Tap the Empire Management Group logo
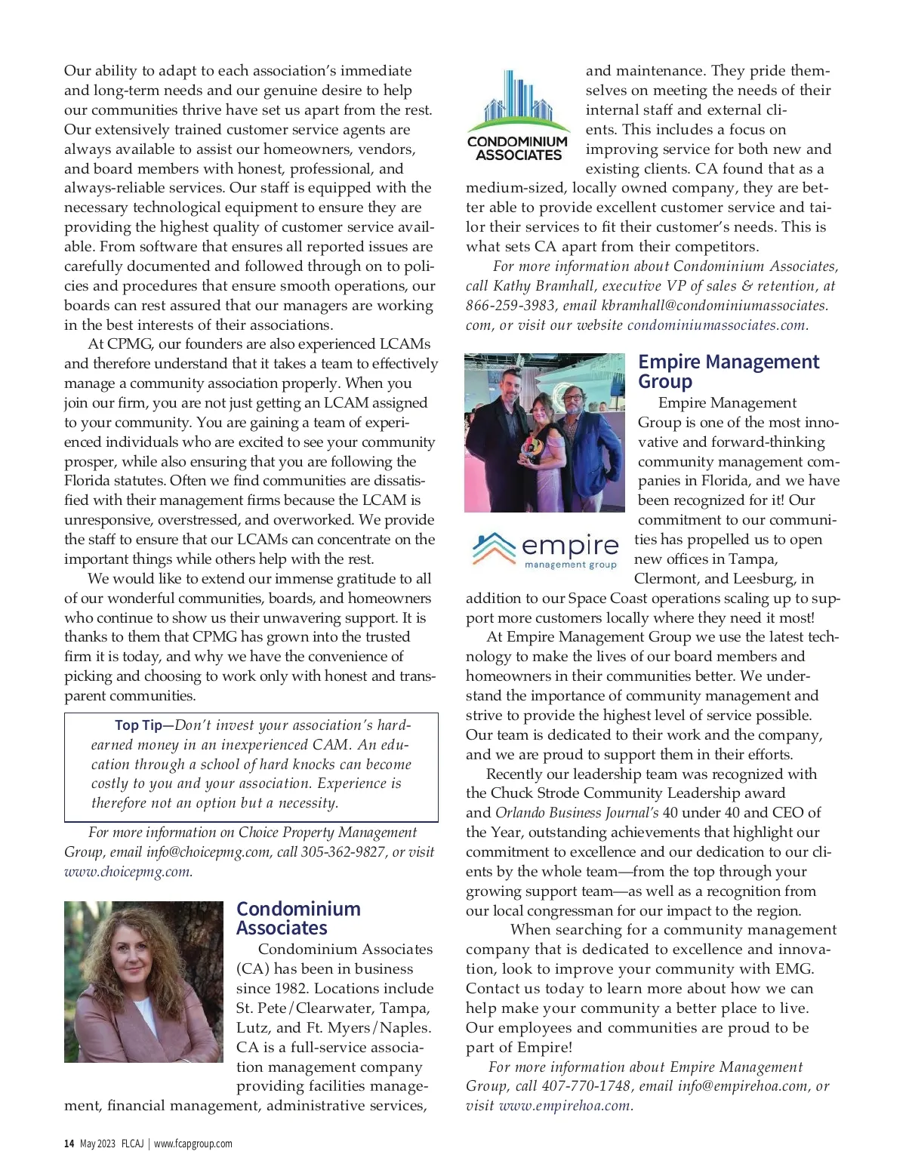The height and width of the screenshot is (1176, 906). pyautogui.click(x=545, y=550)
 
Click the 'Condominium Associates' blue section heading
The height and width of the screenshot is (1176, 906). pyautogui.click(x=298, y=918)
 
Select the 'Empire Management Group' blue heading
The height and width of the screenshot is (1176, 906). pyautogui.click(x=728, y=371)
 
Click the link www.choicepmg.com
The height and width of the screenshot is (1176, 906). pyautogui.click(x=128, y=872)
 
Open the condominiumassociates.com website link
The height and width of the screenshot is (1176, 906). pyautogui.click(x=716, y=325)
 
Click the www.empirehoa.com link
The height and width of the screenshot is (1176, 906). pyautogui.click(x=565, y=1106)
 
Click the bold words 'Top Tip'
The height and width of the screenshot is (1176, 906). pyautogui.click(x=138, y=725)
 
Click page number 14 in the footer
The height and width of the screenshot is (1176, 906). pyautogui.click(x=69, y=1144)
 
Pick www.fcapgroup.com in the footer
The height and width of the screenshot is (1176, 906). pyautogui.click(x=193, y=1144)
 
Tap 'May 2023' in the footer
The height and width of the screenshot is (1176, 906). pyautogui.click(x=97, y=1144)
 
